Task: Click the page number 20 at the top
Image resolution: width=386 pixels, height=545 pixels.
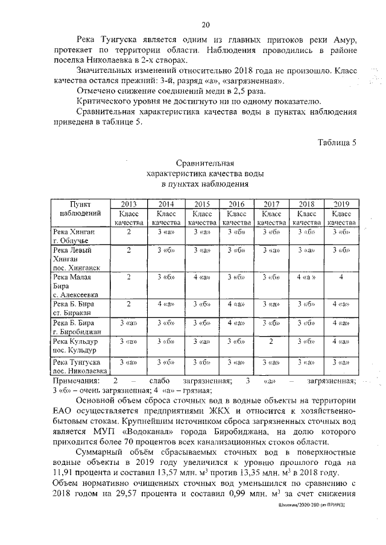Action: pyautogui.click(x=205, y=25)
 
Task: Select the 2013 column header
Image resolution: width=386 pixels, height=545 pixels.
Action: pyautogui.click(x=128, y=204)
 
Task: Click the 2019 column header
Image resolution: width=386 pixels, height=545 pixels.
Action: pyautogui.click(x=341, y=204)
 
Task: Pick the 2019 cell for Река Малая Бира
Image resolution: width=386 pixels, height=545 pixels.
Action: pyautogui.click(x=341, y=277)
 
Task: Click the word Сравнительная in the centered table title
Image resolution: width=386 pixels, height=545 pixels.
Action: pyautogui.click(x=204, y=163)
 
